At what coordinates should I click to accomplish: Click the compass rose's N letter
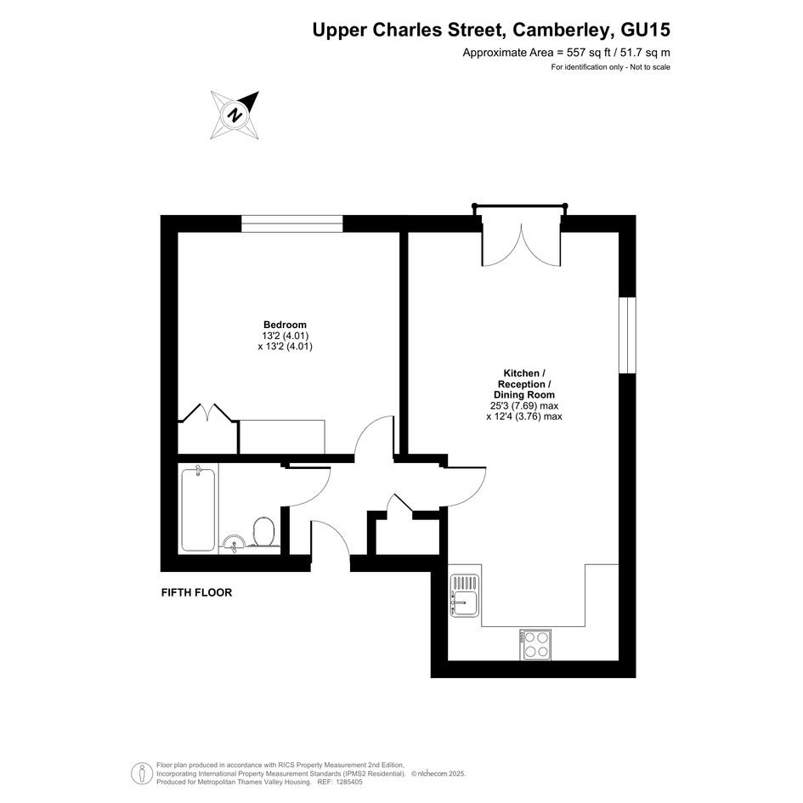[x=235, y=115]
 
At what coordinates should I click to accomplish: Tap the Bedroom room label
[x=285, y=325]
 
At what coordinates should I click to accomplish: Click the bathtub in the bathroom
[x=198, y=508]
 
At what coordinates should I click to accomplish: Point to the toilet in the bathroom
[x=263, y=532]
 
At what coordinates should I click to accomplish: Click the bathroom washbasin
[x=235, y=543]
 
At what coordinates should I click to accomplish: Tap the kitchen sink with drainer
[x=465, y=595]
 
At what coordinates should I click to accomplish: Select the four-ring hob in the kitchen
[x=535, y=644]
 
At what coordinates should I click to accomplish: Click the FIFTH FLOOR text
[x=196, y=592]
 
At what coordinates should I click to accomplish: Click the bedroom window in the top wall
[x=292, y=223]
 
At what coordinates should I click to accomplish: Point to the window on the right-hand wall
[x=627, y=336]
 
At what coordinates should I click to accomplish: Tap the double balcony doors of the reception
[x=522, y=245]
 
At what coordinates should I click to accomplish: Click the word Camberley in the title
[x=562, y=30]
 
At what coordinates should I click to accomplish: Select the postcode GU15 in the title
[x=645, y=30]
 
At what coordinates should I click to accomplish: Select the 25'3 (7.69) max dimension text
[x=524, y=405]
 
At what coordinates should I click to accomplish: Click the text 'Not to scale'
[x=650, y=67]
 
